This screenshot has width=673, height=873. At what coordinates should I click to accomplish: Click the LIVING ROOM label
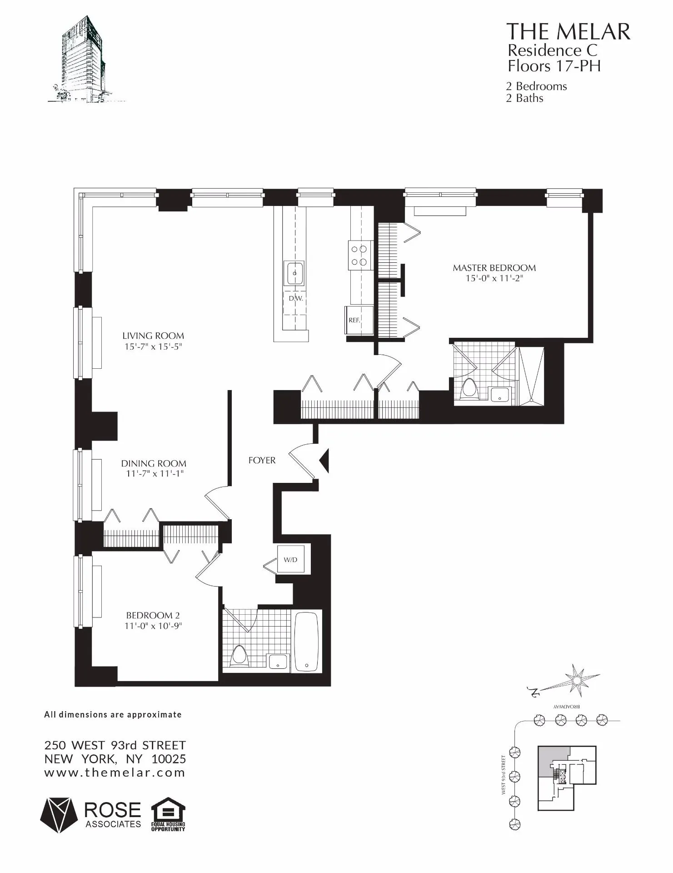(153, 336)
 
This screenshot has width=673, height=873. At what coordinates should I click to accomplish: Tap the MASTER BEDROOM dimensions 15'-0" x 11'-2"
(494, 278)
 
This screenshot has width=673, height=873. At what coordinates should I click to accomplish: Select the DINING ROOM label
(154, 464)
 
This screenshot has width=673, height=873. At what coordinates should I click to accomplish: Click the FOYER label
(262, 461)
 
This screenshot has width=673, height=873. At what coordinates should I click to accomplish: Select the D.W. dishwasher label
(295, 299)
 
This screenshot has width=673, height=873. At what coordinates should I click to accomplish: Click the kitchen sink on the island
(294, 273)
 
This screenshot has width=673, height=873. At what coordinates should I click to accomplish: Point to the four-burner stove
(359, 256)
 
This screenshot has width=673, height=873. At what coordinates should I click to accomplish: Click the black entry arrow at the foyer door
(324, 461)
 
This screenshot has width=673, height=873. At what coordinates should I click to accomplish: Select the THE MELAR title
(568, 32)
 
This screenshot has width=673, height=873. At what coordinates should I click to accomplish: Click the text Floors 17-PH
(554, 66)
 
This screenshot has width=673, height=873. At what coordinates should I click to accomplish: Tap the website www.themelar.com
(115, 773)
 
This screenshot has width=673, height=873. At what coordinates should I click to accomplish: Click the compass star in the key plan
(576, 681)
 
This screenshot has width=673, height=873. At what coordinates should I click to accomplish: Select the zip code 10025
(169, 759)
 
